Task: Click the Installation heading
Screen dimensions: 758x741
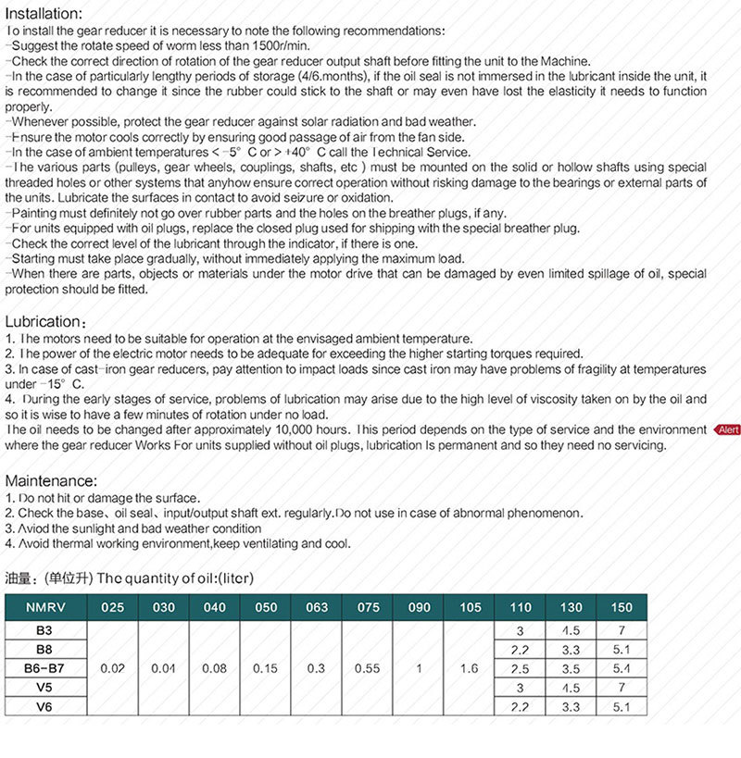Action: (44, 14)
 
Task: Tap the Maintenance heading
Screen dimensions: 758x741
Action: (51, 481)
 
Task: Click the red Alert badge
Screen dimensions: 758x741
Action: (726, 429)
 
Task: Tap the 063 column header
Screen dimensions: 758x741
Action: (317, 607)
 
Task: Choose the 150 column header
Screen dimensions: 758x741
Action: (622, 607)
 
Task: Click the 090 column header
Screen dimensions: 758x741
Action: (419, 607)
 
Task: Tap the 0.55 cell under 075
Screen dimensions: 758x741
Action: (368, 668)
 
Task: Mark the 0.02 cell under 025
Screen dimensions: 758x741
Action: (113, 668)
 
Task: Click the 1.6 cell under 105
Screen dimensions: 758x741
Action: (470, 668)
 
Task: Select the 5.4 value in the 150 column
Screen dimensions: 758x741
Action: (622, 668)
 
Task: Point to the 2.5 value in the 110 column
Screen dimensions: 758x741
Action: (521, 668)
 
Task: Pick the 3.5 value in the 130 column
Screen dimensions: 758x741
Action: (571, 668)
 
